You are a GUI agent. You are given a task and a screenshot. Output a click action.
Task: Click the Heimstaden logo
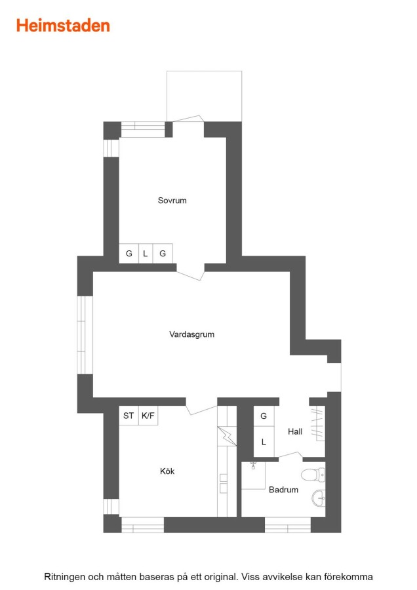tap(63, 26)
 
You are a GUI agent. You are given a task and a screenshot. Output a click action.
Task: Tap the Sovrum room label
tap(172, 201)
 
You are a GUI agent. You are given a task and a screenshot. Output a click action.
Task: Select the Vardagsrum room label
tap(191, 334)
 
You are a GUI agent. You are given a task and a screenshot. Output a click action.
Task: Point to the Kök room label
tap(167, 471)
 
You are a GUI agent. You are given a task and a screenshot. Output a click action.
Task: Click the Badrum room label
tap(283, 490)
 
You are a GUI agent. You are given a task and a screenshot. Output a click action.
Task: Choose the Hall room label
tap(295, 431)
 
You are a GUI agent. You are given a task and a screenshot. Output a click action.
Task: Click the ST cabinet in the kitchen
tap(129, 416)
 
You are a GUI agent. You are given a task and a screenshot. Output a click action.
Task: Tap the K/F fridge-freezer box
tap(148, 416)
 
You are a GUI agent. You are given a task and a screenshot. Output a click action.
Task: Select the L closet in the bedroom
tap(146, 254)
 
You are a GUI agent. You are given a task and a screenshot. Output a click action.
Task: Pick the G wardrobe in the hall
tap(264, 416)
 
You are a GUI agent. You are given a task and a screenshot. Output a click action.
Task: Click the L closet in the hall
tap(264, 441)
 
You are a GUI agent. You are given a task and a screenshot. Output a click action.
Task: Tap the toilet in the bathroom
tap(313, 475)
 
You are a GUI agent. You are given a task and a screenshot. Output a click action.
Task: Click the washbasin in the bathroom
tap(319, 499)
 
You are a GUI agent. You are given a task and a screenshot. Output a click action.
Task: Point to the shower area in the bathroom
tap(253, 475)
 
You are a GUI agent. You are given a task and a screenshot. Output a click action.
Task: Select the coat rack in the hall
tap(318, 423)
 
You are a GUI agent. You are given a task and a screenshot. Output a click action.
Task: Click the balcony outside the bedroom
tap(204, 96)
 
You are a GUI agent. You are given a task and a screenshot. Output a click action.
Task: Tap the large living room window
tap(85, 335)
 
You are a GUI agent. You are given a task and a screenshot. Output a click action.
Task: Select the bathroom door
tap(290, 456)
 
